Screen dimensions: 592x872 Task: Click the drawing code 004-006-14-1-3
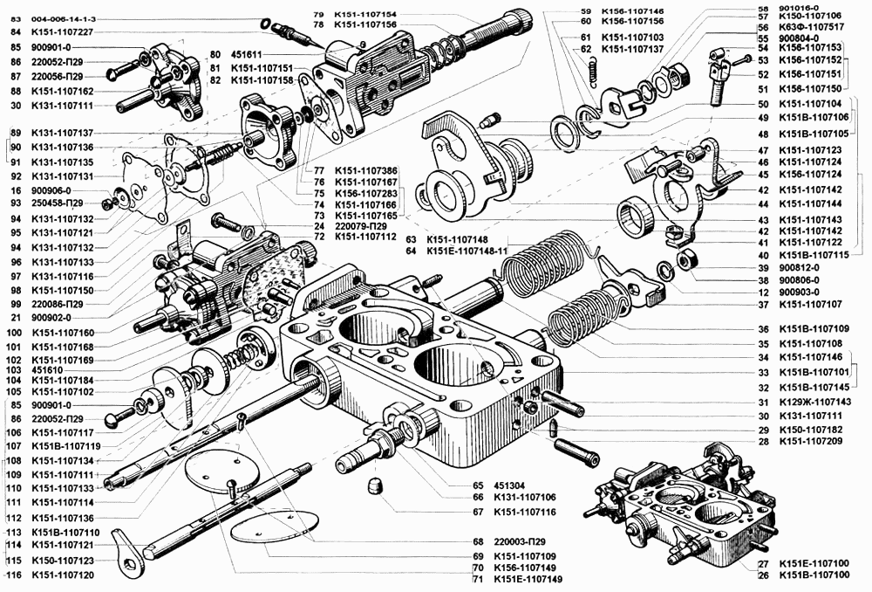[64, 17]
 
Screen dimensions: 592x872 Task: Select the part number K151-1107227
[62, 32]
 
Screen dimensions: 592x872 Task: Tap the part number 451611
[249, 52]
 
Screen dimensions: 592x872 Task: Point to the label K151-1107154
[365, 15]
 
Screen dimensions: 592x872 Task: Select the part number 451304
[510, 485]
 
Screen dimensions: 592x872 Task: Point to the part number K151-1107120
[62, 575]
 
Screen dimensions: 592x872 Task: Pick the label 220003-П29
[522, 542]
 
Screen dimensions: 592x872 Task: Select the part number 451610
[49, 369]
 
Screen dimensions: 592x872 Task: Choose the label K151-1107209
[810, 443]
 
